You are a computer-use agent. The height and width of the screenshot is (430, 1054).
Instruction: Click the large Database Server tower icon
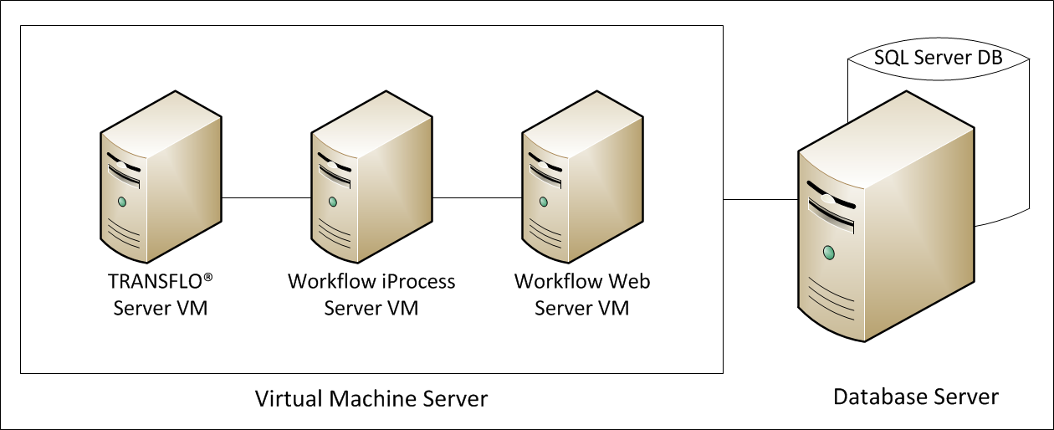(886, 234)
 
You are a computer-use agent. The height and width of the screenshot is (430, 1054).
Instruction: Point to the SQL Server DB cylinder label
(938, 58)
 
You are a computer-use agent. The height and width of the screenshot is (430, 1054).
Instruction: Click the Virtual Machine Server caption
(371, 398)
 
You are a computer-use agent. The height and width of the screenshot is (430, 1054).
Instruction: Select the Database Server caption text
(915, 396)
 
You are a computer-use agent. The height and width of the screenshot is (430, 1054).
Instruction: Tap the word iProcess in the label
(415, 281)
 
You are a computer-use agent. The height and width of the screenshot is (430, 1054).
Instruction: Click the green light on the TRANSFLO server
(122, 202)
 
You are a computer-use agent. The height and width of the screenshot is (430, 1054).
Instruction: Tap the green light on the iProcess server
(333, 202)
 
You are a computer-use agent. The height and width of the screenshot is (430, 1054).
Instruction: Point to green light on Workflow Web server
(544, 202)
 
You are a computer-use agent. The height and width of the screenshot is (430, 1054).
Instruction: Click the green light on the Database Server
(828, 252)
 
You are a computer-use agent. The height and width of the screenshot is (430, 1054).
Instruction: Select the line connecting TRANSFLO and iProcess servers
(266, 198)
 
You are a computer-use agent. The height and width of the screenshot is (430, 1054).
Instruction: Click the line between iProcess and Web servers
(477, 198)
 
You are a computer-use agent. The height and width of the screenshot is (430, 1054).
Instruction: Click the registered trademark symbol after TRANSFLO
(220, 277)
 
